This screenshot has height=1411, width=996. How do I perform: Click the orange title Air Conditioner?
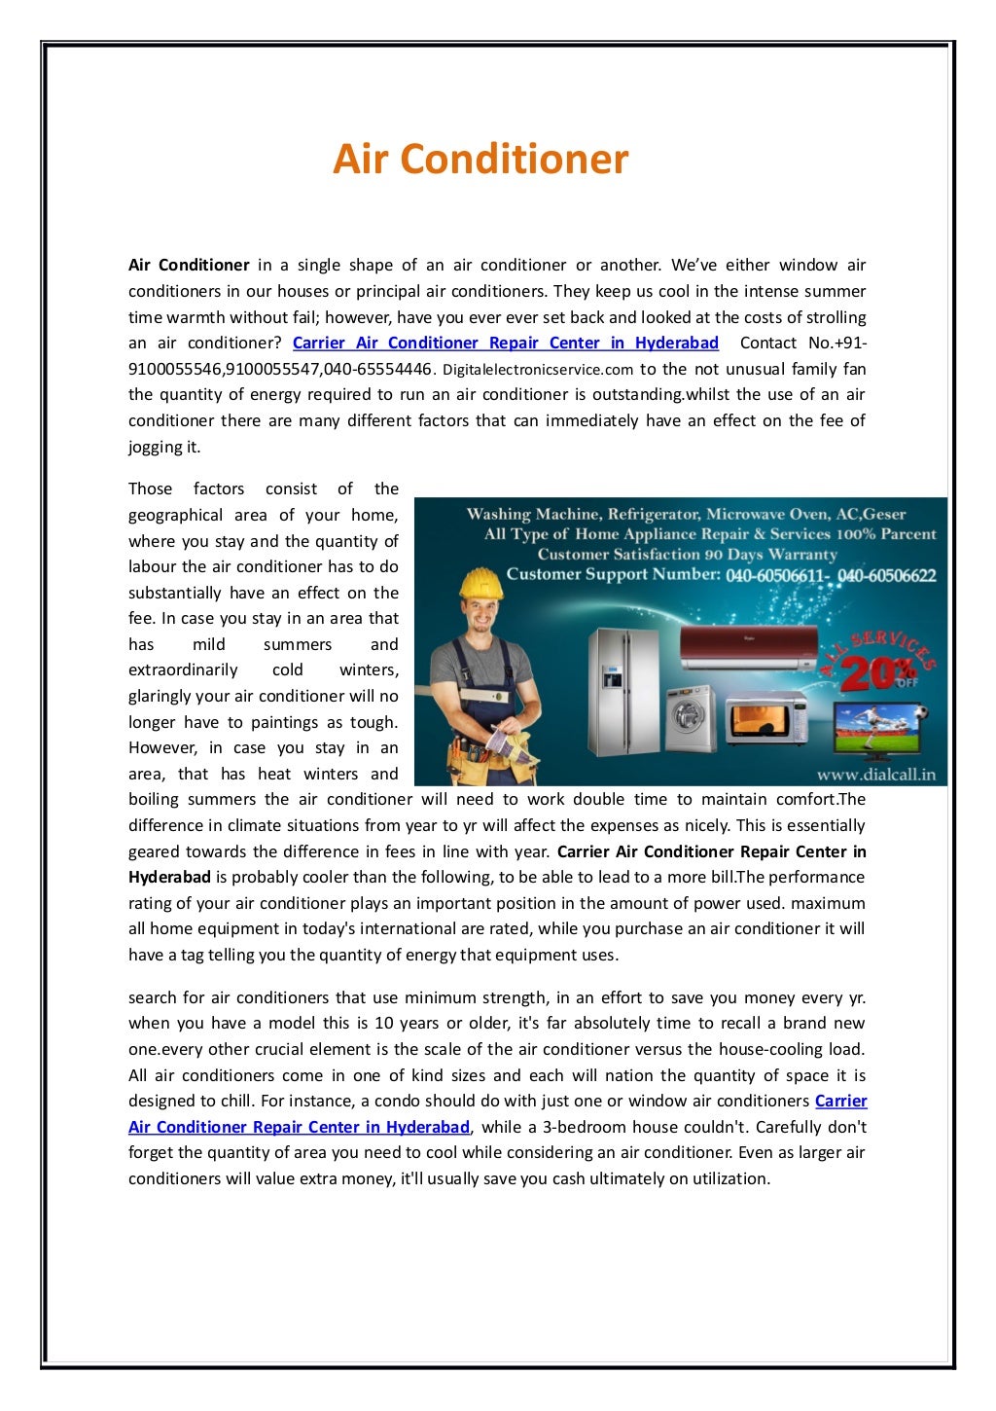pos(480,159)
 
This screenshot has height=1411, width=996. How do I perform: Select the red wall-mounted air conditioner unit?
pos(748,647)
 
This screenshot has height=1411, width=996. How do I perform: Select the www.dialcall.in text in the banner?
pos(875,776)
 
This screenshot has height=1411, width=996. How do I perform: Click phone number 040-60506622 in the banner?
pos(886,575)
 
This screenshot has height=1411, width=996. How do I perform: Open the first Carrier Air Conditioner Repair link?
pos(505,343)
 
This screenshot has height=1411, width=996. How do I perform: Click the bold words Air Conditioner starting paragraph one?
pos(189,265)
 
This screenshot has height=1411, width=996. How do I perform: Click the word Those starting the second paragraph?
pos(150,488)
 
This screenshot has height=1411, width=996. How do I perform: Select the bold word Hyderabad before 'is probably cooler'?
pos(169,877)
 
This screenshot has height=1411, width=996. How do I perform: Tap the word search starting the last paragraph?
pos(152,997)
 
